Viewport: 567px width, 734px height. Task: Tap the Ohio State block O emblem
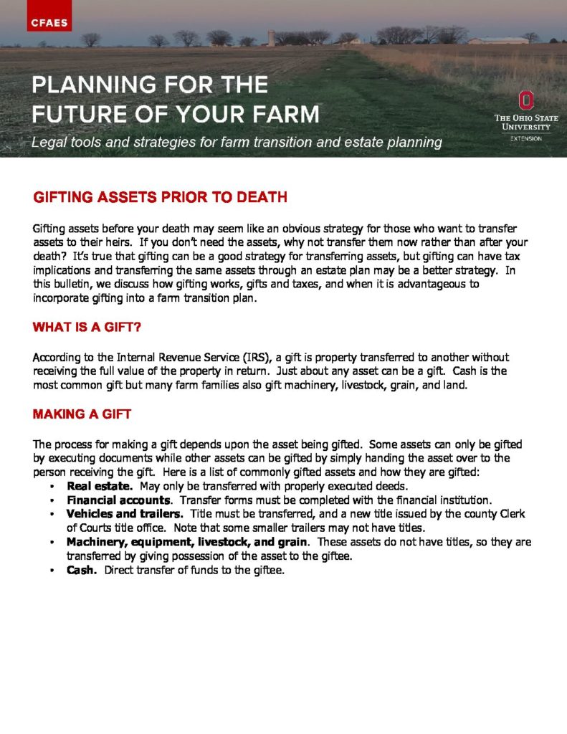[526, 100]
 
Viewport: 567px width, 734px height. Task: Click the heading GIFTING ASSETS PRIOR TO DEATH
[160, 197]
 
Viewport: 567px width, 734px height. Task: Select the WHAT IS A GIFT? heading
[87, 328]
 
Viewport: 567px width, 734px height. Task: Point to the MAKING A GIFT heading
[82, 415]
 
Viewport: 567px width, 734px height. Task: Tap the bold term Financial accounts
[118, 500]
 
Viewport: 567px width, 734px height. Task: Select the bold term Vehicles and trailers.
[125, 514]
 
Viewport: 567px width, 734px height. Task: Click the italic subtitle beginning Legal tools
[237, 142]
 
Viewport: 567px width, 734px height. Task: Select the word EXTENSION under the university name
[526, 138]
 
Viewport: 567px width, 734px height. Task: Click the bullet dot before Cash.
[54, 571]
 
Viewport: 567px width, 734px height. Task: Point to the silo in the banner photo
[272, 37]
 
